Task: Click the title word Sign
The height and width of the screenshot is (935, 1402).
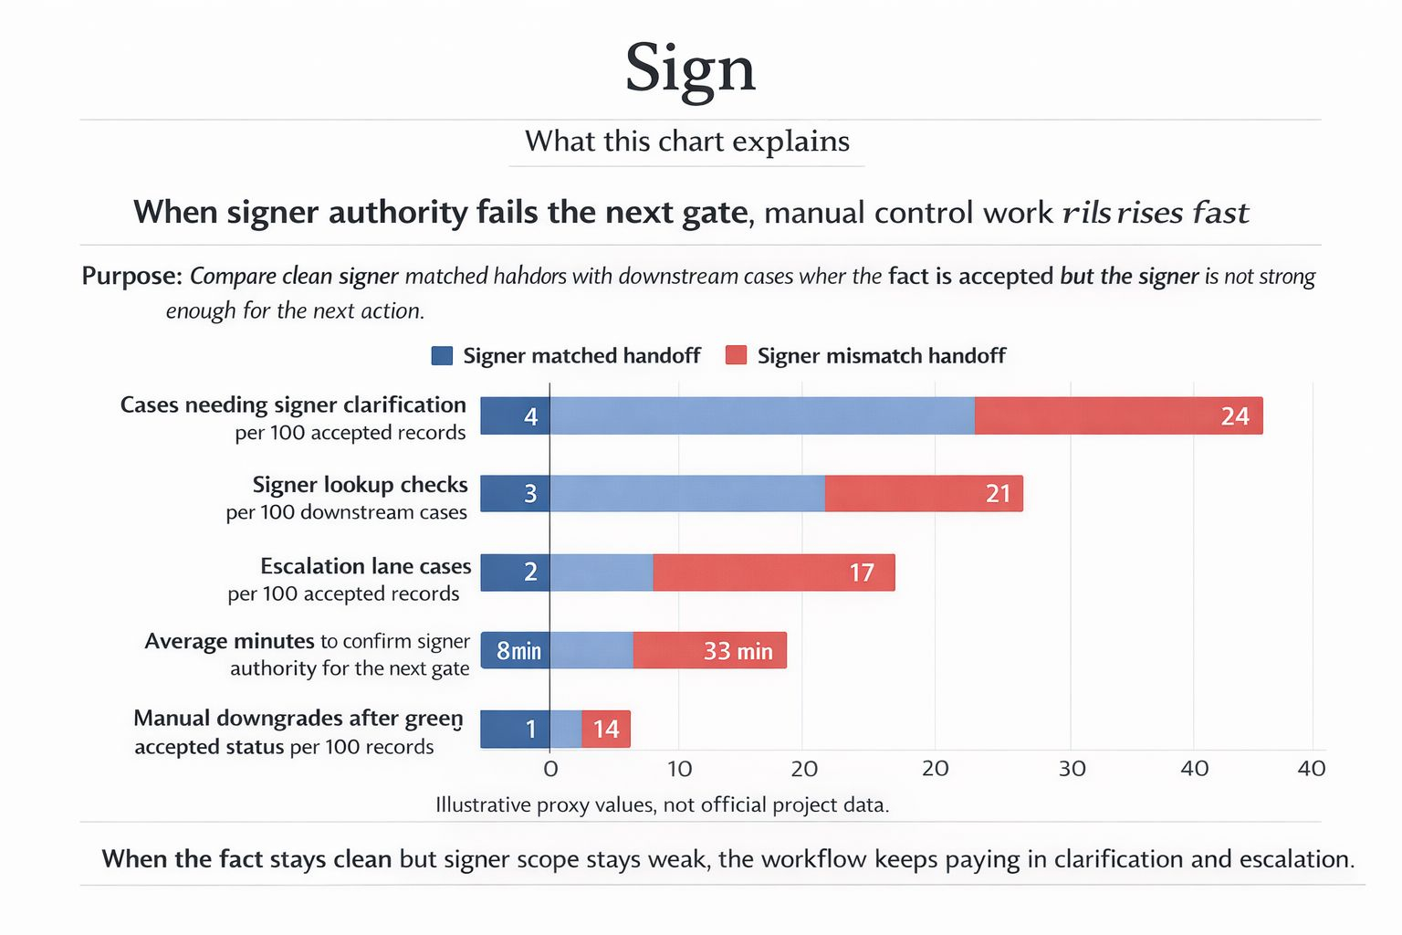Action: click(690, 68)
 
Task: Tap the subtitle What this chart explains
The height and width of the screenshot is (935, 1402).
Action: click(686, 142)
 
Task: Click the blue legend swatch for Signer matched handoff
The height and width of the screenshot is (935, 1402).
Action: click(442, 355)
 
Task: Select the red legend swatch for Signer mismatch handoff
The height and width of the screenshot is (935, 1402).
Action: click(736, 355)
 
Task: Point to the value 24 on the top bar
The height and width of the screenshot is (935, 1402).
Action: click(1234, 416)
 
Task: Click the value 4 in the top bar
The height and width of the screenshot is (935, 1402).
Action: click(530, 417)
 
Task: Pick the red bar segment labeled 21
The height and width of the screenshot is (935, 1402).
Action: click(924, 494)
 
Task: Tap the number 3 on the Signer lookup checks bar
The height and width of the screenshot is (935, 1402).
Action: click(530, 494)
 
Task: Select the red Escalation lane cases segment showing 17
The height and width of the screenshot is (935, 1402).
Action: click(774, 573)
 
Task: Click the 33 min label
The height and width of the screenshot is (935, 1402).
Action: click(738, 651)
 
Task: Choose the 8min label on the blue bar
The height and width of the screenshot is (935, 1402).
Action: click(518, 651)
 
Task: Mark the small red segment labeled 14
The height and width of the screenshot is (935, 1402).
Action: click(606, 729)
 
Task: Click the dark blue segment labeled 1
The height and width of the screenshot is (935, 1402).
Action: click(530, 729)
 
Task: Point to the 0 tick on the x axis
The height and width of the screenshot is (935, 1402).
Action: click(550, 769)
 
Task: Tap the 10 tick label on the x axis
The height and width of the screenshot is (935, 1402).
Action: click(680, 769)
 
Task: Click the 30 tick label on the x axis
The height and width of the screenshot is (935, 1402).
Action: click(1072, 769)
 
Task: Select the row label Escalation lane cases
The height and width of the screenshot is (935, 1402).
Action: click(365, 566)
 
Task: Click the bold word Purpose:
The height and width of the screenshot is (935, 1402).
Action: click(131, 276)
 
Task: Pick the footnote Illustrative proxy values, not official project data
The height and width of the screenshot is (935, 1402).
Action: click(662, 804)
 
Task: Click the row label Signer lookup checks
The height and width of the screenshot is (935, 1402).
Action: click(360, 485)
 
